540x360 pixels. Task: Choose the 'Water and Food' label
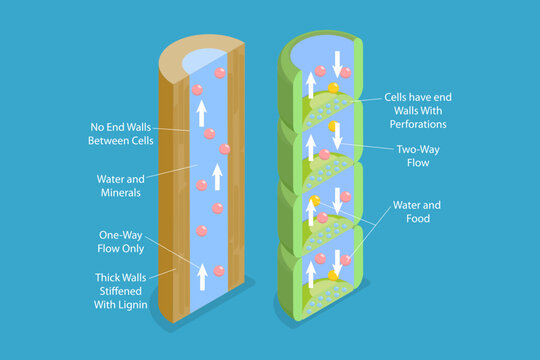click(x=423, y=212)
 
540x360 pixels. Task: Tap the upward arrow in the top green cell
click(x=309, y=87)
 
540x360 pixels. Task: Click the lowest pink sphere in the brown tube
click(x=201, y=230)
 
